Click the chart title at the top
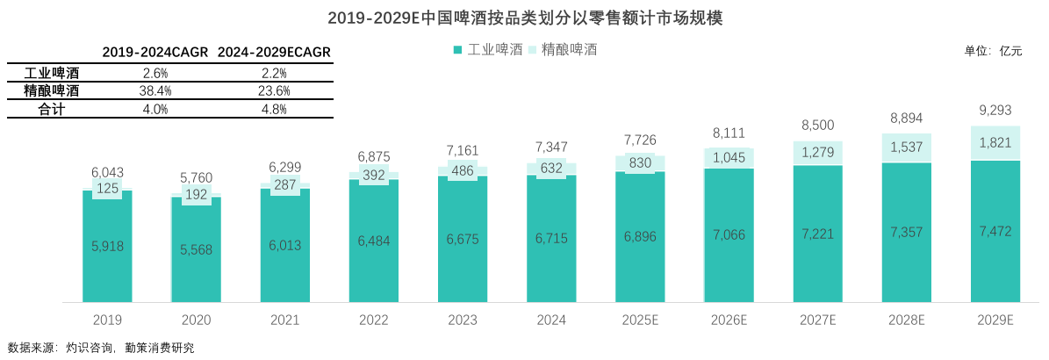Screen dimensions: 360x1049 (524, 18)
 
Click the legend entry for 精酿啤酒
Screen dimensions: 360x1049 (564, 50)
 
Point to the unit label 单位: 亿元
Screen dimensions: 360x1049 (993, 51)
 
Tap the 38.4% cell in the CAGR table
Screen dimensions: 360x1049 (154, 91)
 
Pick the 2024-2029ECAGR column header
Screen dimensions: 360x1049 (274, 53)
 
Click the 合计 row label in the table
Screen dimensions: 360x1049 (52, 110)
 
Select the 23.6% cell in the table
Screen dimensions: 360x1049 (274, 91)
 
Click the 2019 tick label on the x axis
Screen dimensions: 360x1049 (107, 320)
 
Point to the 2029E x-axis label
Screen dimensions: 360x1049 (995, 320)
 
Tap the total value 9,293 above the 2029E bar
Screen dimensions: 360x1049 (995, 111)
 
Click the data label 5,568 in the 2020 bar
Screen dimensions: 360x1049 (196, 249)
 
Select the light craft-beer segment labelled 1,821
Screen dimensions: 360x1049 (995, 144)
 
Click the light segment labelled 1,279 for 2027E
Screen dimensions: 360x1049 (817, 154)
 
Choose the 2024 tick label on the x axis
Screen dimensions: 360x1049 (551, 320)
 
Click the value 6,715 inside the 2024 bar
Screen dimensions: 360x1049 (551, 239)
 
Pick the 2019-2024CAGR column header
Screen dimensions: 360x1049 (154, 53)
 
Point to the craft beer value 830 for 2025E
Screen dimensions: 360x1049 (640, 162)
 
